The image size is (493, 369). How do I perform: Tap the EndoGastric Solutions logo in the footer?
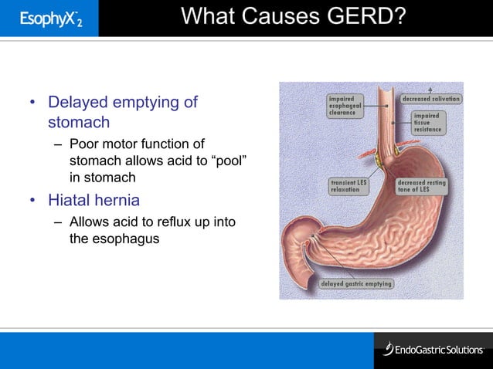(x=432, y=350)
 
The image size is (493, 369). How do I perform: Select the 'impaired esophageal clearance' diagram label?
(x=344, y=106)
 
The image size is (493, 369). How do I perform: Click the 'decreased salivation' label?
(x=430, y=99)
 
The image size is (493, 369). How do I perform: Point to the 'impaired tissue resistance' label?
(x=427, y=123)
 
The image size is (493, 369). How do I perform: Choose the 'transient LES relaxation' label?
(x=349, y=185)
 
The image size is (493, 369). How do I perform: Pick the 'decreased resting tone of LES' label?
(x=421, y=185)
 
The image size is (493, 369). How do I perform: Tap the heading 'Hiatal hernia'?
(x=94, y=201)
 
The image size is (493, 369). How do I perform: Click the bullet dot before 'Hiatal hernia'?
(x=33, y=201)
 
